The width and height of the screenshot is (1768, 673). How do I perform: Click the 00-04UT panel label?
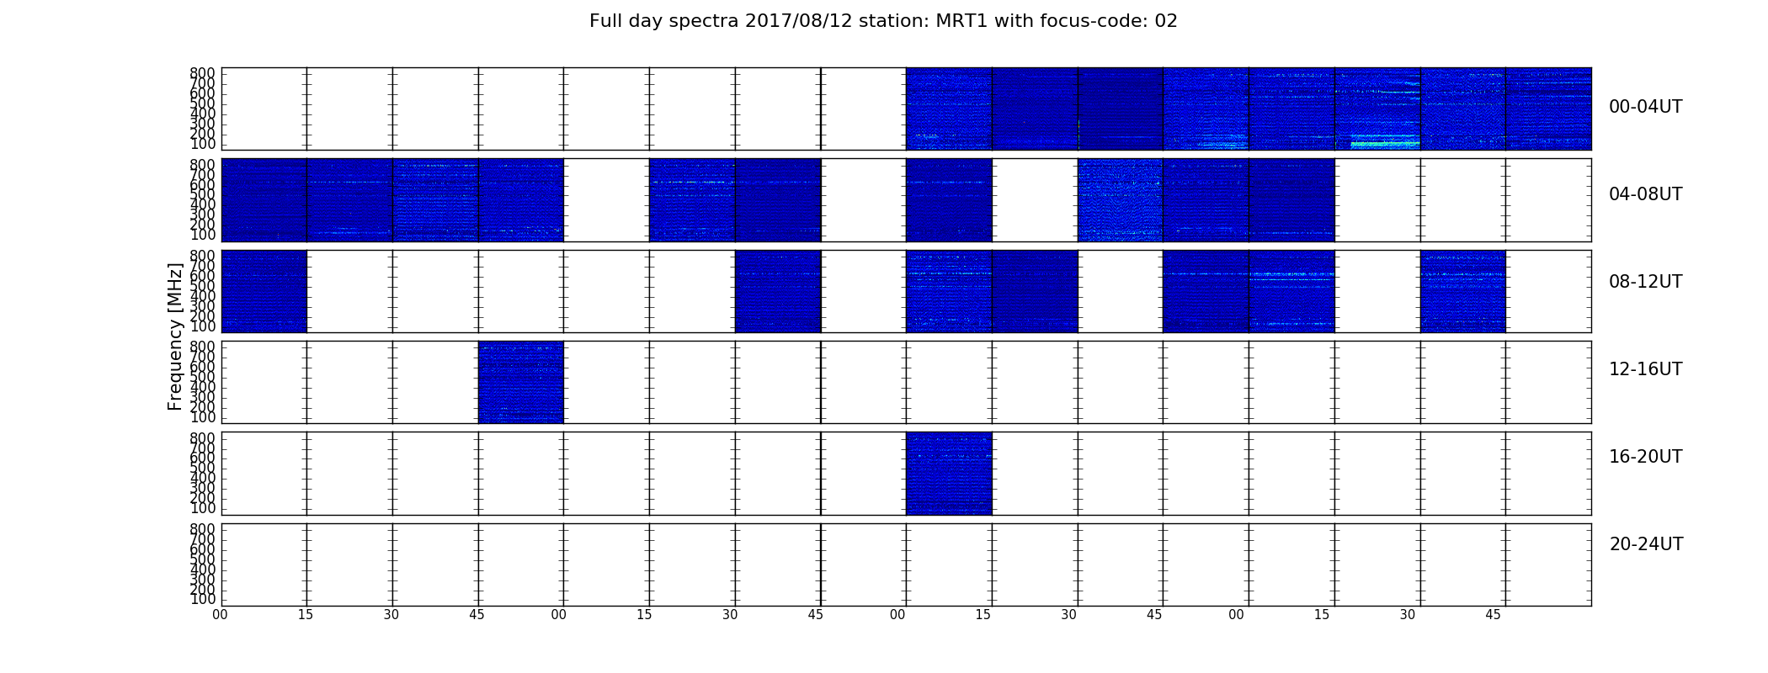click(1645, 107)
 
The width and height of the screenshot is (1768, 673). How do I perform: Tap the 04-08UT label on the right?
click(1645, 194)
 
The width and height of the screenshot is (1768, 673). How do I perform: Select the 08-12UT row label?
click(1645, 282)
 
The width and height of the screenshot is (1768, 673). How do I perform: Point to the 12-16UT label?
click(1645, 369)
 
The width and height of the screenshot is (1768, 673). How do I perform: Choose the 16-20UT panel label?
click(1645, 457)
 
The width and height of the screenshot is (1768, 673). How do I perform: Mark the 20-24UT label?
click(1646, 544)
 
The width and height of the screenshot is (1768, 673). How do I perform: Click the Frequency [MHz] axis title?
click(175, 336)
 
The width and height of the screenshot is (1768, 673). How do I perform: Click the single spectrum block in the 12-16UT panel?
click(520, 382)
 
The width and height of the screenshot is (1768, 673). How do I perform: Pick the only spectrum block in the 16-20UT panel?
click(949, 473)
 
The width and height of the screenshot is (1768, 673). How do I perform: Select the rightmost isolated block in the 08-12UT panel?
click(1462, 291)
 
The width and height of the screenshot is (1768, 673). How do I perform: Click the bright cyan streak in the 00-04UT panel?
click(1385, 142)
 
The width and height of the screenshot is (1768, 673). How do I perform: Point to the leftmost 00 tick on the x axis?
click(220, 615)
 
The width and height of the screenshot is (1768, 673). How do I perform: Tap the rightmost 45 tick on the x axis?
click(1493, 615)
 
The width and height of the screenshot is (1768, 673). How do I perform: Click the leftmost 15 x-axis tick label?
click(305, 615)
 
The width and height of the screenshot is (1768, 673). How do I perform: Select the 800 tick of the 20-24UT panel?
click(202, 529)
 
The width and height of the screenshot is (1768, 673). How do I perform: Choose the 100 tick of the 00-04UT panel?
click(202, 144)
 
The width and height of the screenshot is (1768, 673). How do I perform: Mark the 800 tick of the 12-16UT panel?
click(202, 347)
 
